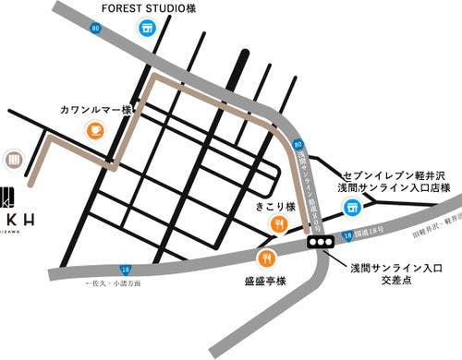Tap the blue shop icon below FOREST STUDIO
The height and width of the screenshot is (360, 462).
click(145, 29)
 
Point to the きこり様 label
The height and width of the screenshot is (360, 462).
click(274, 207)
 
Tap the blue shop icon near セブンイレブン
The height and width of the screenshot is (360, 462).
click(351, 208)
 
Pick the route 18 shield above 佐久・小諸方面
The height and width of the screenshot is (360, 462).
click(125, 269)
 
